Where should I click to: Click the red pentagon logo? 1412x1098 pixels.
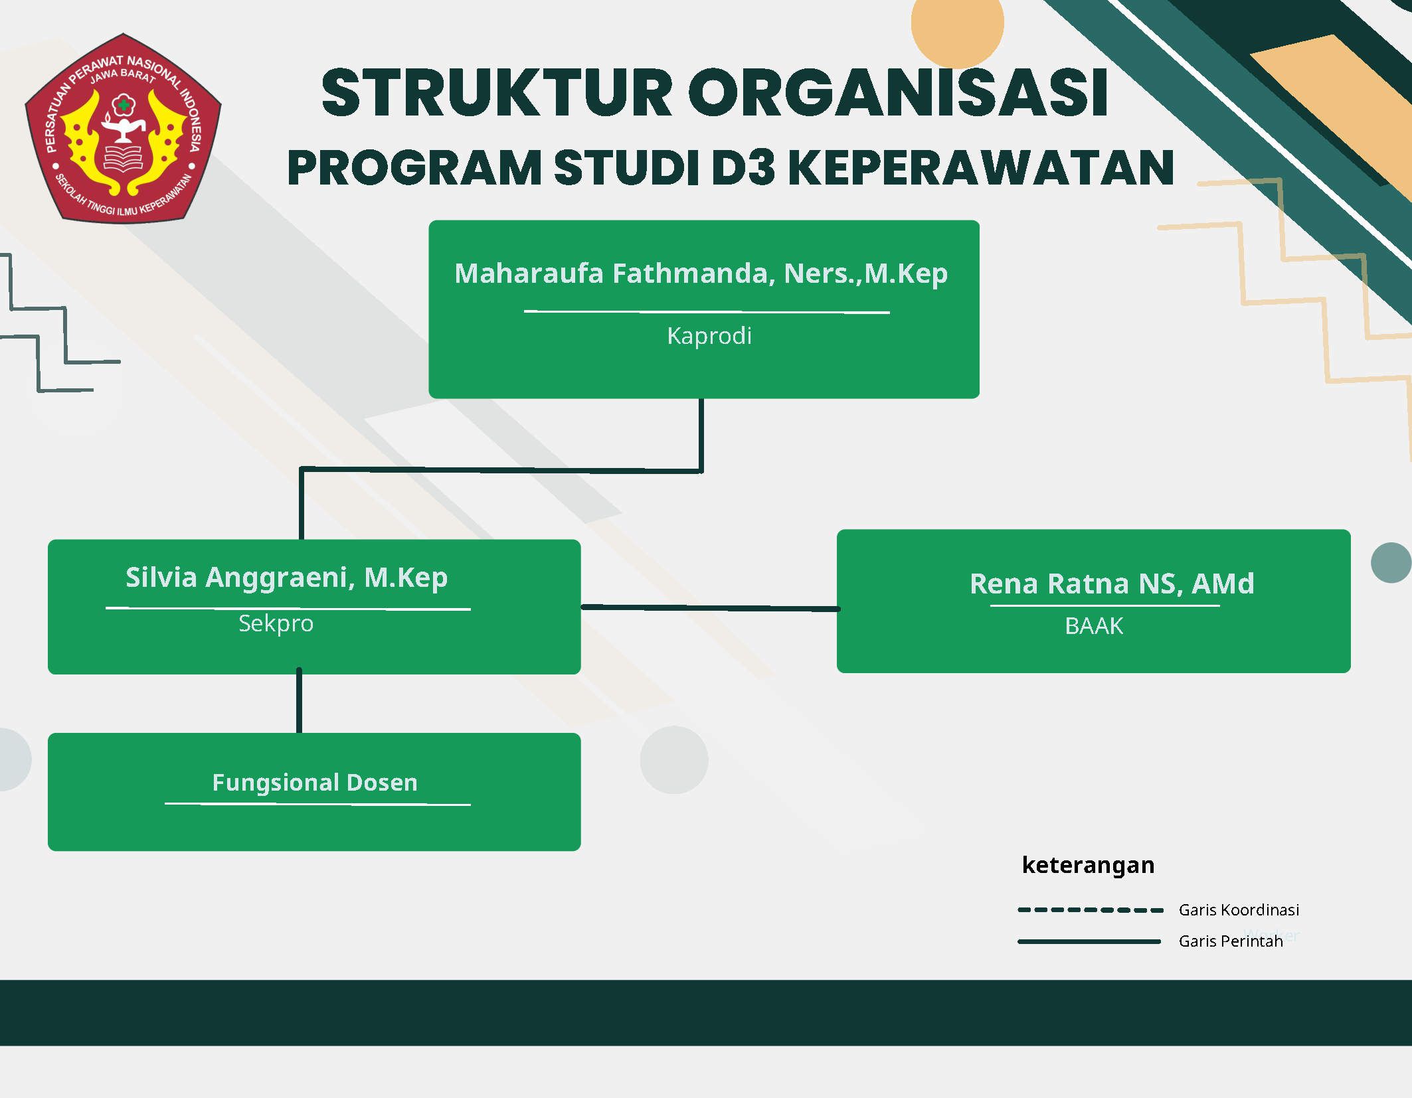(x=123, y=128)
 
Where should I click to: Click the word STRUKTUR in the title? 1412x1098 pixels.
(x=497, y=93)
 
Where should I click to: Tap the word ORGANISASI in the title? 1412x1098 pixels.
(x=897, y=93)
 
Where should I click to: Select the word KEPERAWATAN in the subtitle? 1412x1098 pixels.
(x=981, y=167)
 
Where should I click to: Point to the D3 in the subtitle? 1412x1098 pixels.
(x=743, y=167)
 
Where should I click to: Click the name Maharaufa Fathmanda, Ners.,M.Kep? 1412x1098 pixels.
(x=701, y=273)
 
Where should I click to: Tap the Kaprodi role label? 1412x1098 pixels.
(x=709, y=336)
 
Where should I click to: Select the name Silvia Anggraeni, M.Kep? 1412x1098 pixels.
(x=286, y=578)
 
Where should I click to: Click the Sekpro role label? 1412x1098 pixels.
(x=276, y=623)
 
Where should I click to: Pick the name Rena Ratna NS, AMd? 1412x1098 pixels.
(x=1111, y=584)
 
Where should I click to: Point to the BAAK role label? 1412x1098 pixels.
(x=1093, y=626)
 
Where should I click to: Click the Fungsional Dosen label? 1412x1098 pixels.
(x=315, y=783)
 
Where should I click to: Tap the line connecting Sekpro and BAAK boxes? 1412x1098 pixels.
(x=709, y=607)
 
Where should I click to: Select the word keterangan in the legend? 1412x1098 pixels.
(x=1088, y=865)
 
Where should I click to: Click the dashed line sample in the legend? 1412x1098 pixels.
(x=1090, y=910)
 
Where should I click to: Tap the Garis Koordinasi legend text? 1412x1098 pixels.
(x=1239, y=910)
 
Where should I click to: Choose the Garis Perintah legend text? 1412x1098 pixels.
(x=1230, y=941)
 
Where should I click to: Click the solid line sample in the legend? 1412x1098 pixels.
(x=1089, y=941)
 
